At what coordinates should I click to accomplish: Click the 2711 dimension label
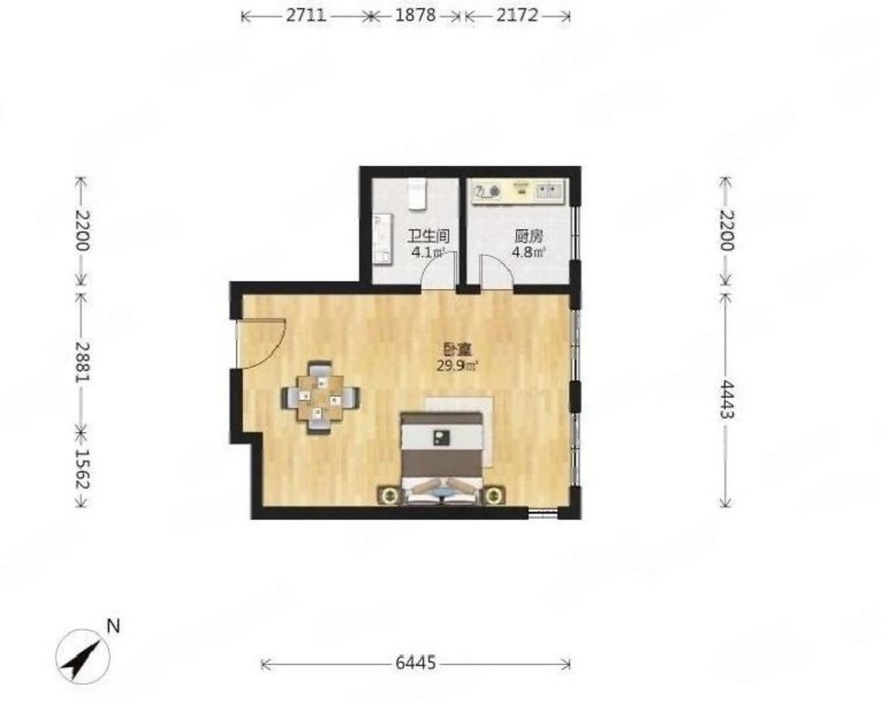(306, 15)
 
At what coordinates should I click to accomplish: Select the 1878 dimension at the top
(415, 15)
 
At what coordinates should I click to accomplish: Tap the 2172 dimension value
(517, 15)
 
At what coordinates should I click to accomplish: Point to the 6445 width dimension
(415, 662)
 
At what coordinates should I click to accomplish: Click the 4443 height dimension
(726, 399)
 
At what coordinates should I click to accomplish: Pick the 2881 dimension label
(82, 362)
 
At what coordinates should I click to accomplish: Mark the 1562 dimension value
(82, 469)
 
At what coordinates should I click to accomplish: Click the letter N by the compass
(113, 626)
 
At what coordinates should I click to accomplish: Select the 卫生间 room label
(429, 236)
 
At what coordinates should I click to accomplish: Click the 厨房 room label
(529, 236)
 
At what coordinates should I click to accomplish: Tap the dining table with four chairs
(320, 398)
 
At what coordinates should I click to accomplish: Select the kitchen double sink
(549, 191)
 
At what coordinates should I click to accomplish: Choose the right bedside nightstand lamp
(494, 496)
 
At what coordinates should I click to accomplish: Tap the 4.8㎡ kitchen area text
(528, 252)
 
